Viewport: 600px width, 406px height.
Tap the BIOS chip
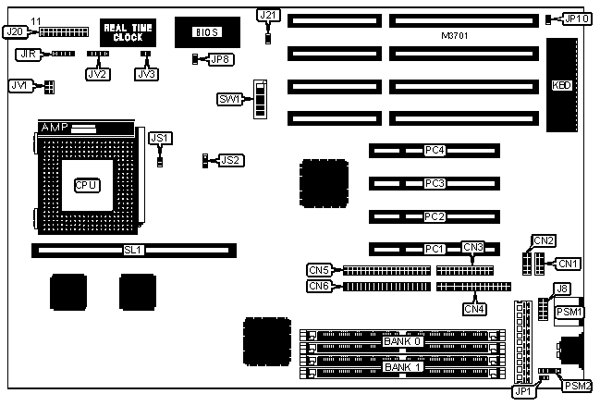coord(205,32)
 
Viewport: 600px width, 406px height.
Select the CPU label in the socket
coord(86,184)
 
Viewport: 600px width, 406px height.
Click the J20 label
coord(14,31)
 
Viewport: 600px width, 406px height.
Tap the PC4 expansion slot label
coord(435,150)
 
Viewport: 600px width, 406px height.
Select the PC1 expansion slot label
coord(435,249)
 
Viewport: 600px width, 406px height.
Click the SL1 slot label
coord(135,250)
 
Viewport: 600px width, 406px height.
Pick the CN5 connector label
coord(319,271)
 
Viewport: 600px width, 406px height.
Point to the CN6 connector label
coord(319,287)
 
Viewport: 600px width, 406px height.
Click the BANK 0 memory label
coord(401,341)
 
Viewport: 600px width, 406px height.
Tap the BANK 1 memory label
coord(401,367)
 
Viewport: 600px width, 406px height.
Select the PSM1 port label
coord(569,313)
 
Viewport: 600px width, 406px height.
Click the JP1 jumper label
coord(522,391)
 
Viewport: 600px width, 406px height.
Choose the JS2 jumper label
coord(231,160)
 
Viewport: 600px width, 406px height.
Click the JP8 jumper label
coord(221,59)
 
